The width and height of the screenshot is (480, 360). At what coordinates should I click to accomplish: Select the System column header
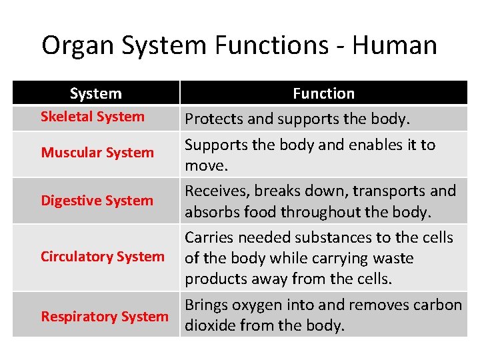(x=96, y=94)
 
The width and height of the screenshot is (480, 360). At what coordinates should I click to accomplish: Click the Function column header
(x=323, y=94)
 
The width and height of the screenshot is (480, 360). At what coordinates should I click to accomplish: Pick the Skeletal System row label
(x=93, y=117)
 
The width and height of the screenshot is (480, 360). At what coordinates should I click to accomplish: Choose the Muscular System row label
(x=97, y=153)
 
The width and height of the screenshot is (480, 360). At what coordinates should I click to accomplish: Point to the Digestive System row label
(x=97, y=201)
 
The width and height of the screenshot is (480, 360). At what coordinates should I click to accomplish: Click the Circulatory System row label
(x=103, y=257)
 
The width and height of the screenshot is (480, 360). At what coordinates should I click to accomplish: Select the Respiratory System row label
(x=105, y=317)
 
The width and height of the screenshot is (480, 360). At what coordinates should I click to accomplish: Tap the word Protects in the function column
(x=213, y=119)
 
